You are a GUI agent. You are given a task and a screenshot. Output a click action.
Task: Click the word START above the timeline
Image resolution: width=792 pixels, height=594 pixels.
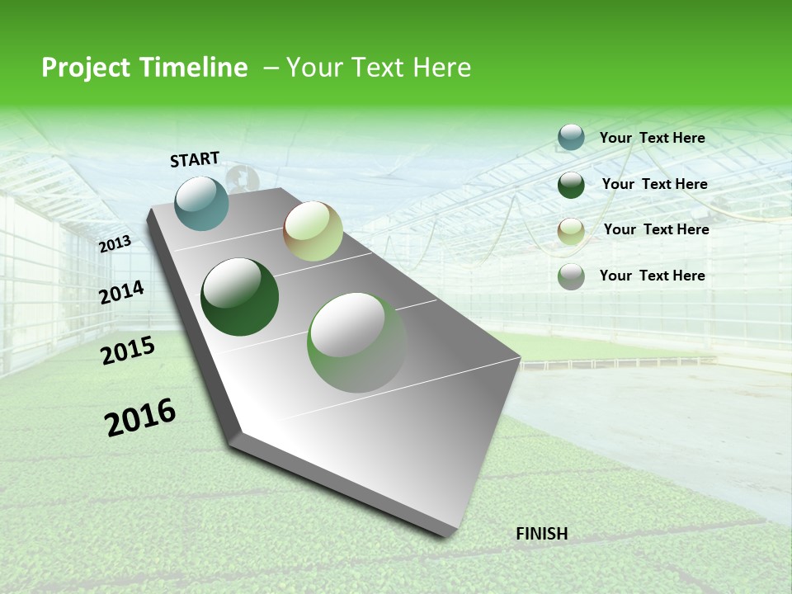click(x=195, y=159)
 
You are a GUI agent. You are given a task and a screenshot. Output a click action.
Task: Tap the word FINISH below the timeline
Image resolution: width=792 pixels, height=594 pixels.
click(x=541, y=534)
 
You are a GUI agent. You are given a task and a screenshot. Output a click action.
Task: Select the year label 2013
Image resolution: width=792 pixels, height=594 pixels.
click(x=115, y=243)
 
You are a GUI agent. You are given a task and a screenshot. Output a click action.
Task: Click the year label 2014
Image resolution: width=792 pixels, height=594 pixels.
click(x=122, y=292)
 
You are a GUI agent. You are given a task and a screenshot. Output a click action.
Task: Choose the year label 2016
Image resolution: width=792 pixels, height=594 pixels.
click(x=140, y=417)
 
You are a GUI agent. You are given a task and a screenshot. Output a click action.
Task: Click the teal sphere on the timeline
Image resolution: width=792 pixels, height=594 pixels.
click(x=202, y=203)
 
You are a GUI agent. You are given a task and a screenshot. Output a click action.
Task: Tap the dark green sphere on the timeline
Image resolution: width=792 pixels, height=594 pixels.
click(x=240, y=297)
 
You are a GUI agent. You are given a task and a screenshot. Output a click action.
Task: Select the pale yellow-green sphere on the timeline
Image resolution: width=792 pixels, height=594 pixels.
click(x=313, y=231)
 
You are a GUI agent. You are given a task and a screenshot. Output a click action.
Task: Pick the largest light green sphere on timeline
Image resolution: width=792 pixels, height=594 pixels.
click(x=357, y=342)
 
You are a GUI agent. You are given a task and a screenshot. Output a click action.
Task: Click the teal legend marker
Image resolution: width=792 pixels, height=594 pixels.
click(x=571, y=137)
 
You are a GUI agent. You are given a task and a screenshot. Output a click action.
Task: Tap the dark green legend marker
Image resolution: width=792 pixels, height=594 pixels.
click(x=571, y=185)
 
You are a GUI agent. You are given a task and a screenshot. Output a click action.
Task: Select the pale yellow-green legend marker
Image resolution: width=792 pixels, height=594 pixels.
click(x=571, y=231)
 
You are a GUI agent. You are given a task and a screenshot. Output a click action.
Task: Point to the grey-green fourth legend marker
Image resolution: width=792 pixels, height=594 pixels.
click(x=571, y=276)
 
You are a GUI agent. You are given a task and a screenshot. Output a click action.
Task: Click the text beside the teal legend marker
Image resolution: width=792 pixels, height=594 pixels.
click(x=652, y=138)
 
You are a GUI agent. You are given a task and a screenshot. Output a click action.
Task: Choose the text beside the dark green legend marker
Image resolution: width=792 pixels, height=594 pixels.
click(x=654, y=184)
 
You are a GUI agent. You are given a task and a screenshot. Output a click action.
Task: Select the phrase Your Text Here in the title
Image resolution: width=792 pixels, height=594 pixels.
click(x=379, y=68)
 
